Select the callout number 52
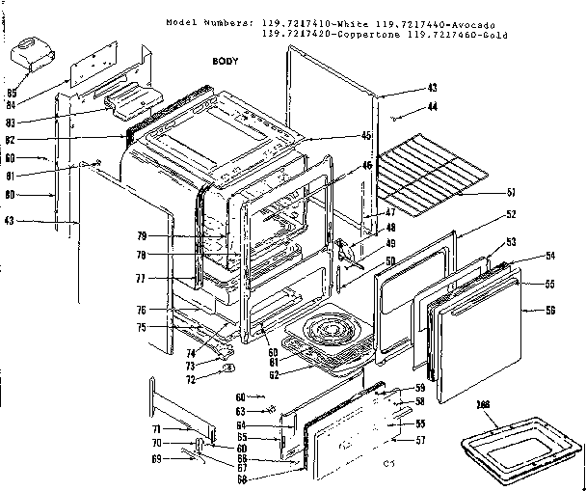[x=511, y=214]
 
